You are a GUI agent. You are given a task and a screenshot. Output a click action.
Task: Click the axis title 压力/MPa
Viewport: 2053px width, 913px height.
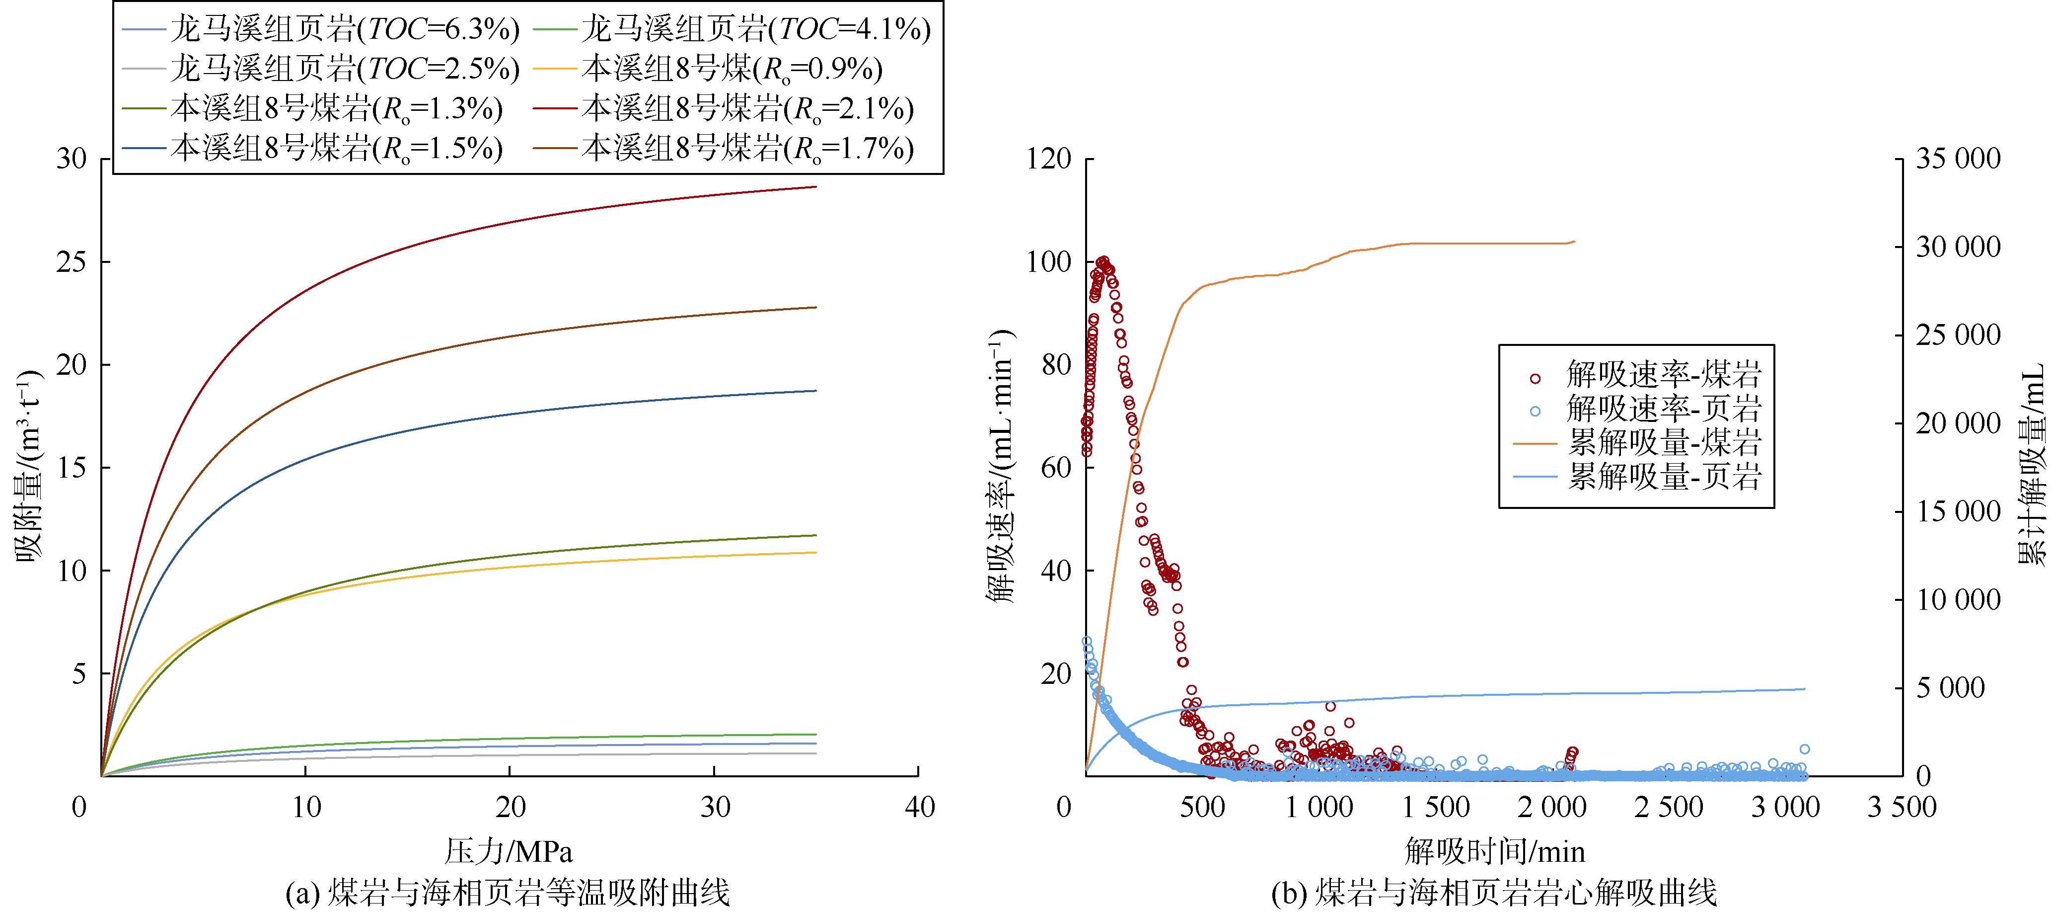(x=509, y=851)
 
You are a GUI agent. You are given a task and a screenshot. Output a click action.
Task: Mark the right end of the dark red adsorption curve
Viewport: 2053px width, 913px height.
(x=816, y=186)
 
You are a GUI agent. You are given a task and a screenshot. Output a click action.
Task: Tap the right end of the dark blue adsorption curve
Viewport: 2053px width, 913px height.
(x=816, y=391)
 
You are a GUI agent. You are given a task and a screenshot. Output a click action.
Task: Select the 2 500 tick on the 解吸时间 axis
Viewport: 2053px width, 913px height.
(x=1669, y=807)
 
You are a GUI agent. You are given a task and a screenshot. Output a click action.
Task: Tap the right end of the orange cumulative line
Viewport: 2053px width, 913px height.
(x=1575, y=241)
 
